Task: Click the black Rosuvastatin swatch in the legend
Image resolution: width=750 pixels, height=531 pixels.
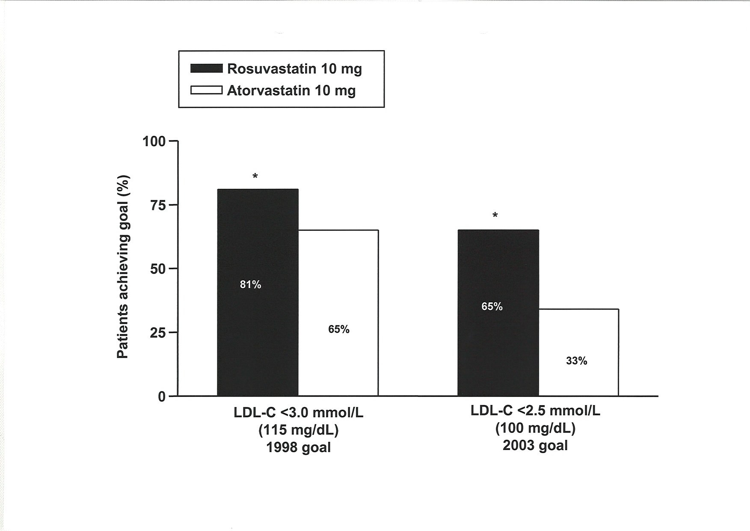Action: (206, 69)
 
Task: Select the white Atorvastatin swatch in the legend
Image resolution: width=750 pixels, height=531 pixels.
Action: (206, 90)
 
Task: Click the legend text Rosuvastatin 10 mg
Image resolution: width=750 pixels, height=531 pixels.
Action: (294, 69)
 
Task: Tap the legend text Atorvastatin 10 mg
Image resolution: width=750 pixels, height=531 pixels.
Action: (291, 91)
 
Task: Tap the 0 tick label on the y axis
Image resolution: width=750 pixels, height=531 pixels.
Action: (162, 397)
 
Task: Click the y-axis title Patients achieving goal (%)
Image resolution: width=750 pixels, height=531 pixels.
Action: (123, 267)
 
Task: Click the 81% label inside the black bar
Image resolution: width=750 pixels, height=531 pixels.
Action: (250, 285)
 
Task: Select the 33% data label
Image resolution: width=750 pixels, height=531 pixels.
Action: (576, 361)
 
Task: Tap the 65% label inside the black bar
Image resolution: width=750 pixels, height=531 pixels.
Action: (492, 307)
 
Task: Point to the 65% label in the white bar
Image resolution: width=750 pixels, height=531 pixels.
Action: (339, 329)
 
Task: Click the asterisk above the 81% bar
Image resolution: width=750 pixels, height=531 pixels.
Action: (255, 176)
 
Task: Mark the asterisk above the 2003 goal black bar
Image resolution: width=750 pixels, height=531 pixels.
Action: (495, 215)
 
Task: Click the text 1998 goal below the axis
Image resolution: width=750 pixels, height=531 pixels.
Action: (299, 447)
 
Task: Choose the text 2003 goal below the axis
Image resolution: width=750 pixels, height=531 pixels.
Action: (535, 445)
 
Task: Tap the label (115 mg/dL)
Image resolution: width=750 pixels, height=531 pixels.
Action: (299, 430)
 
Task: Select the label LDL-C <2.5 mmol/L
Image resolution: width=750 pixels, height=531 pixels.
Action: (535, 411)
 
